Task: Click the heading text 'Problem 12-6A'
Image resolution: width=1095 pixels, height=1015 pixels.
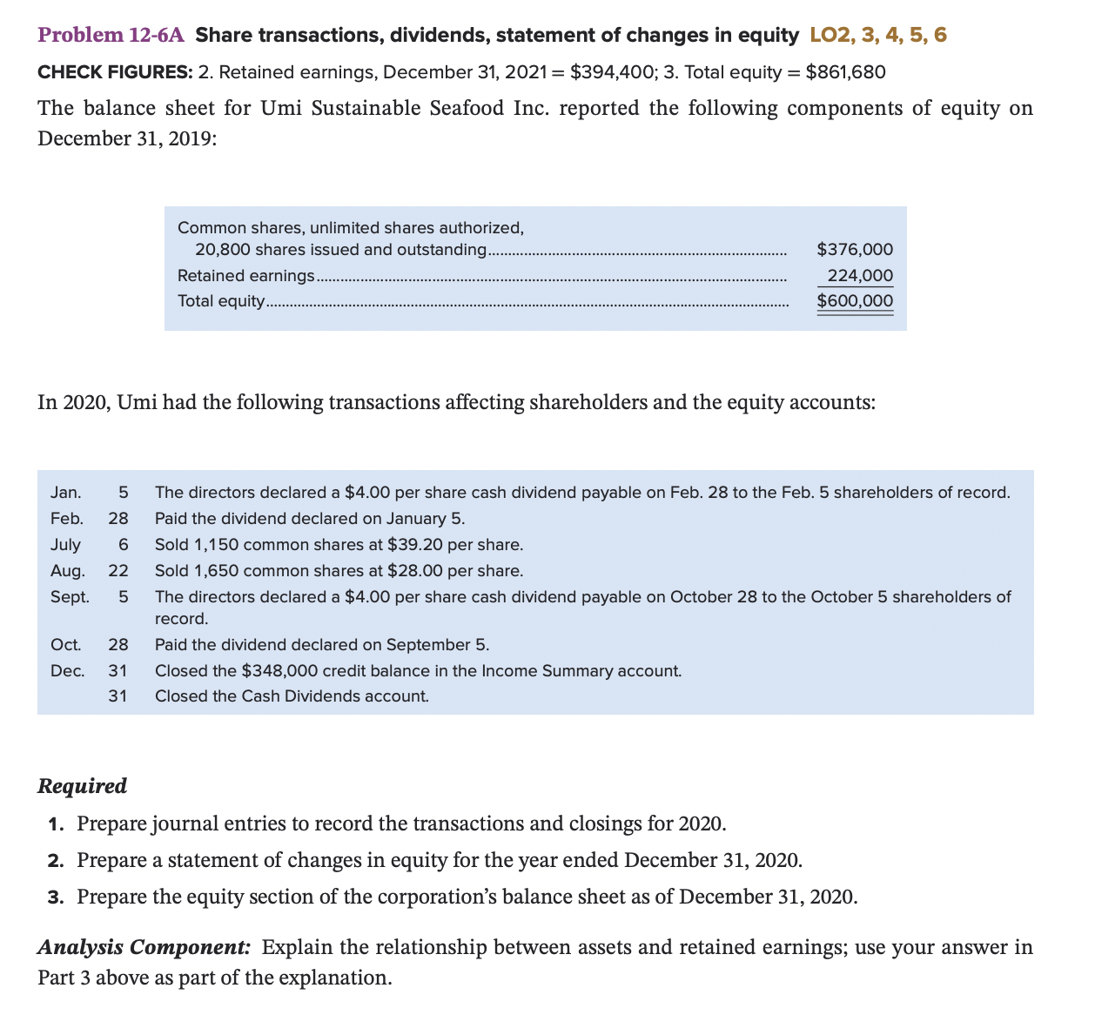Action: [x=111, y=35]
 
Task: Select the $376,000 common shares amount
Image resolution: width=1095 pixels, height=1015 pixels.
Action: [x=855, y=250]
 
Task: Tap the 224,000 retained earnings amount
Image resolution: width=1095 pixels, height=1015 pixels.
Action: [x=860, y=276]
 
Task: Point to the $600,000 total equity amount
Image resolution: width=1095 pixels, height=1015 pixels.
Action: [x=855, y=301]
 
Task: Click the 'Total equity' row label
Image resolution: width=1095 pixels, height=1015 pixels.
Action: [x=221, y=301]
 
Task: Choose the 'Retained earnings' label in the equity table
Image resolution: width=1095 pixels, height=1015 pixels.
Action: [x=245, y=276]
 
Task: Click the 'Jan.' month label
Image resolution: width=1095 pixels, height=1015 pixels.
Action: [x=66, y=493]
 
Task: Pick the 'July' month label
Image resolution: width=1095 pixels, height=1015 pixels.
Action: [x=65, y=545]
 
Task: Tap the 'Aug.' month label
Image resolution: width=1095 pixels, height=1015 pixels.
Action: [x=68, y=571]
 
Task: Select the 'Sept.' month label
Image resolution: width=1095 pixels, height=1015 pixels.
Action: [x=70, y=597]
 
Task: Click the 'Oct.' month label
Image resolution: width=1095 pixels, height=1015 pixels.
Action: [x=66, y=645]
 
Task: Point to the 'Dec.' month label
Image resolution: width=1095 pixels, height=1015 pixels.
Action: [x=68, y=671]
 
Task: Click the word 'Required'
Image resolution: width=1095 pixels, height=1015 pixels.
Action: [x=82, y=786]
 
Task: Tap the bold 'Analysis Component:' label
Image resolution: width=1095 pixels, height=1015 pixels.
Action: [x=144, y=947]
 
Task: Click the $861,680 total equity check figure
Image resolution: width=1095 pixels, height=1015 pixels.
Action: [x=846, y=72]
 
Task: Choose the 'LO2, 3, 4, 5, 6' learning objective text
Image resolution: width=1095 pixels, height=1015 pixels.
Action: [x=878, y=35]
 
